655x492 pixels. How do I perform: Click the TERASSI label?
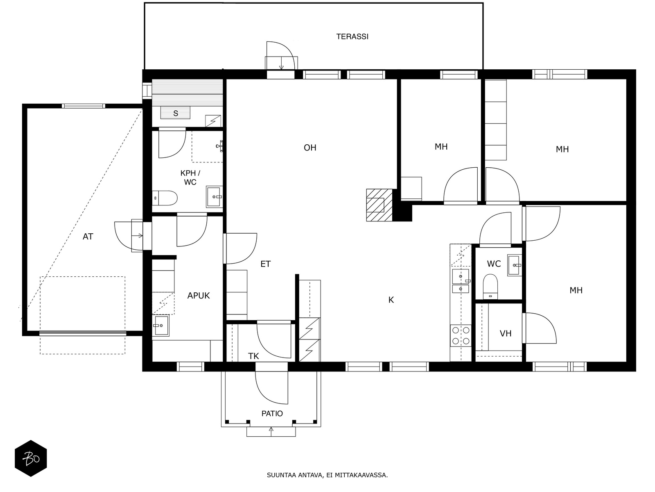(352, 36)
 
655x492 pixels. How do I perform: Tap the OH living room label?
(310, 148)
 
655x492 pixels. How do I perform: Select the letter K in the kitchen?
(391, 300)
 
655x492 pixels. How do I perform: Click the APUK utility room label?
(199, 296)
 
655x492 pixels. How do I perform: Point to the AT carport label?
(88, 237)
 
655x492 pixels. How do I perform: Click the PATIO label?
(272, 413)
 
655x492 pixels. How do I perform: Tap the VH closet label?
(506, 333)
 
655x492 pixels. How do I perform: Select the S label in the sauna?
(176, 114)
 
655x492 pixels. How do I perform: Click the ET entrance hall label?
(265, 264)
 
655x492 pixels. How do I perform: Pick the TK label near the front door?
(253, 356)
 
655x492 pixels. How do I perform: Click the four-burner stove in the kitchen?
(461, 335)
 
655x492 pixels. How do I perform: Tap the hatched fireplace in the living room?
(379, 205)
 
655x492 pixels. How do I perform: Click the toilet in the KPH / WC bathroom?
(165, 198)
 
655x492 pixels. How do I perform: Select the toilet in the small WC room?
(490, 287)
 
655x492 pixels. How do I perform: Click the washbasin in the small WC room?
(515, 265)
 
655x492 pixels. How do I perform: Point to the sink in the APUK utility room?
(160, 325)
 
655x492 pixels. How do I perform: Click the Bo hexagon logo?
(31, 458)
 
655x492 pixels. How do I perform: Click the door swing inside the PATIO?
(271, 388)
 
